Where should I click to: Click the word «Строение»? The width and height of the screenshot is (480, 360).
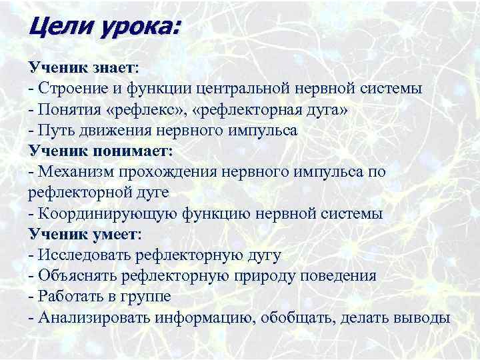(x=69, y=89)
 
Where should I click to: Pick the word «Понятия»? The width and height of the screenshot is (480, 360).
(x=68, y=109)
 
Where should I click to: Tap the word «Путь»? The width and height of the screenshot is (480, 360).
(x=55, y=130)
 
